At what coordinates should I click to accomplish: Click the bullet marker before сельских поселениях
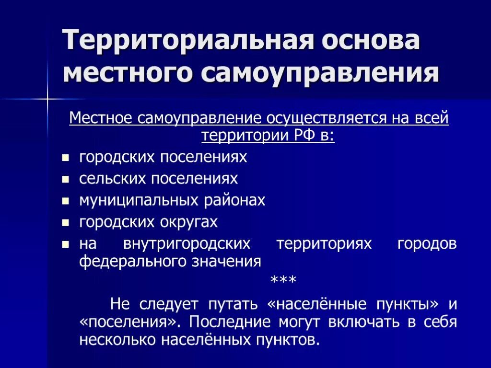[x=66, y=179]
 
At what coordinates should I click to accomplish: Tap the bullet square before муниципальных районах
[x=66, y=201]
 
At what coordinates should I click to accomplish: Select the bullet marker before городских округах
[x=66, y=223]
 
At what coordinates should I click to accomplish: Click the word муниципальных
[x=139, y=200]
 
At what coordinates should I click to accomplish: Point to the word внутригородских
[x=187, y=244]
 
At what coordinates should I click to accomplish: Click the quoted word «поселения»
[x=129, y=322]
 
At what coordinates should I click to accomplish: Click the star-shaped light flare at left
[x=47, y=99]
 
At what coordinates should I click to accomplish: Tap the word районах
[x=235, y=200]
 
